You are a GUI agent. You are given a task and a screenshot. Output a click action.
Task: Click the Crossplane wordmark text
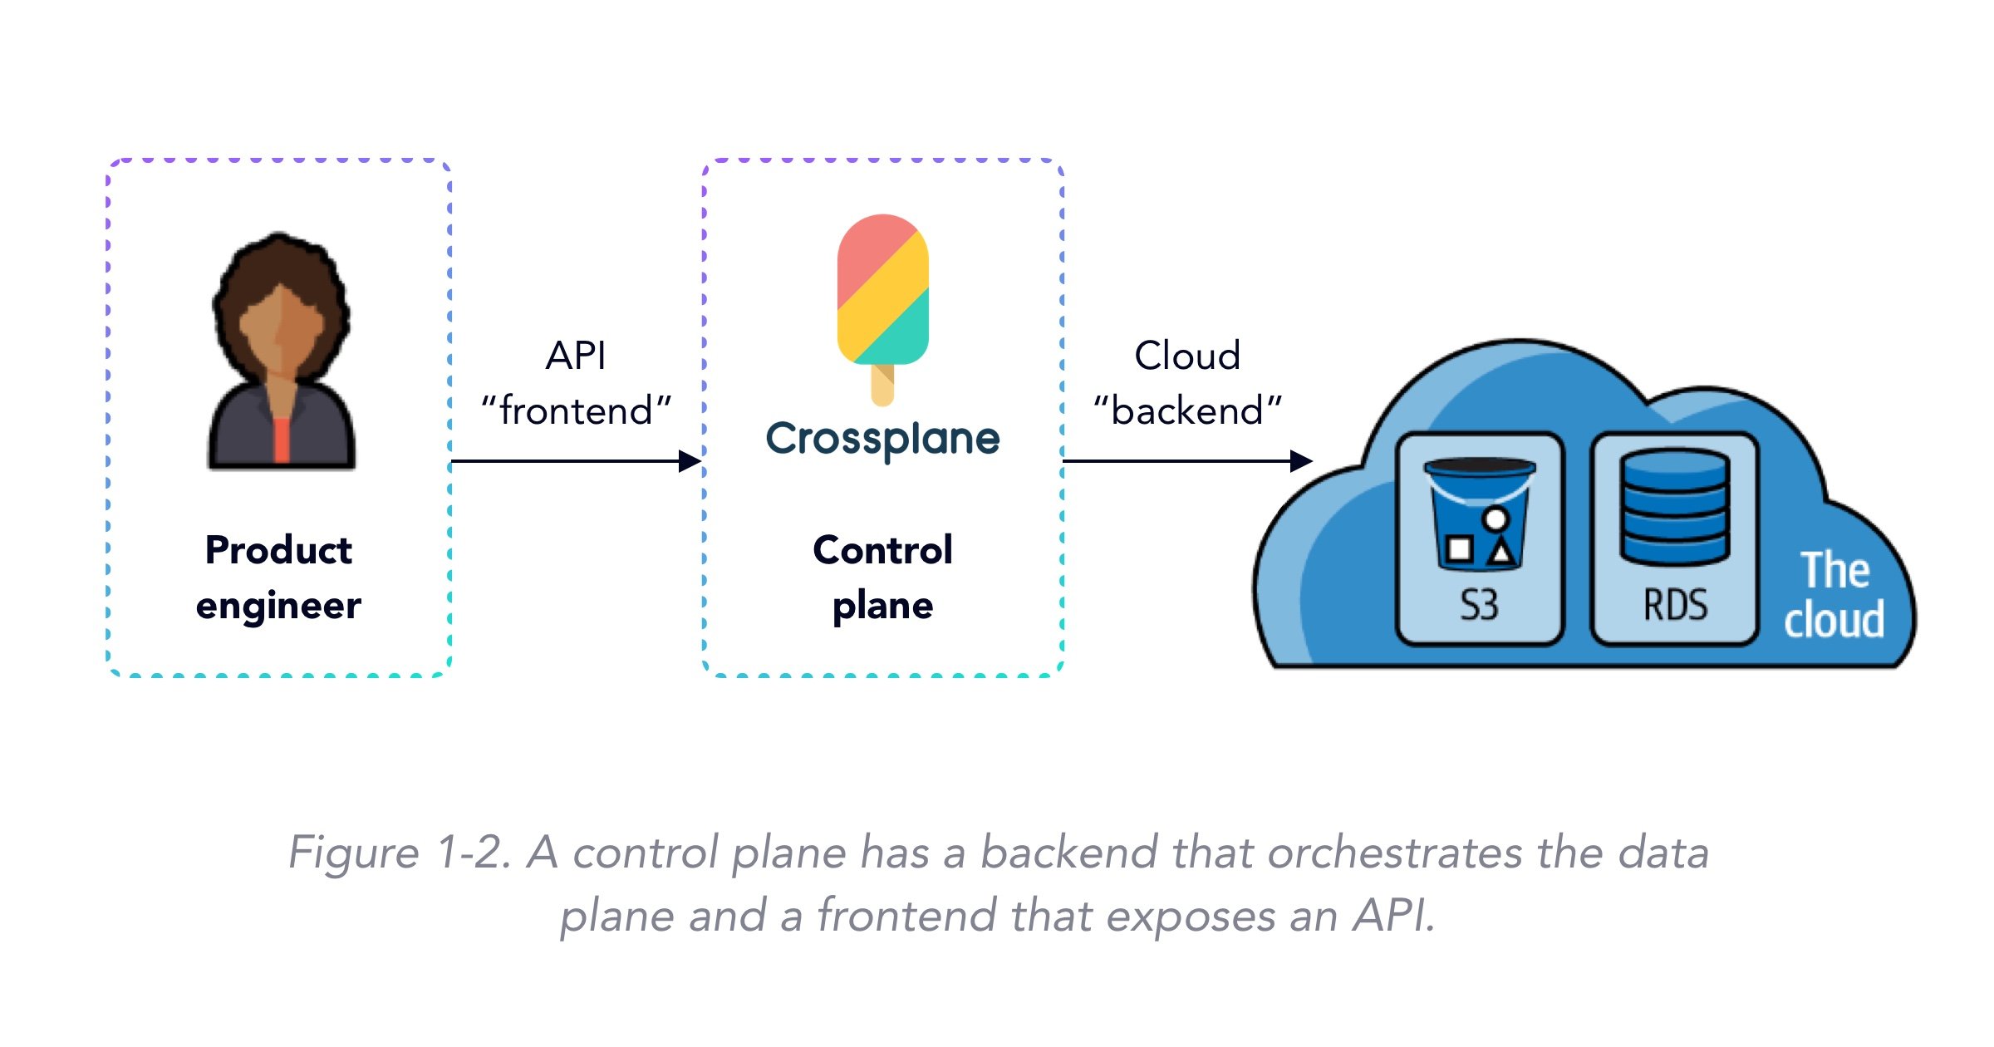(x=882, y=439)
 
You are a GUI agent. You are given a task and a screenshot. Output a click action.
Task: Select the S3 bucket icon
(x=1479, y=514)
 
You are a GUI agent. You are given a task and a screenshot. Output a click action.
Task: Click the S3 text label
(x=1480, y=605)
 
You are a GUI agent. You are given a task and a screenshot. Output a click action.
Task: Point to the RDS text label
(x=1676, y=605)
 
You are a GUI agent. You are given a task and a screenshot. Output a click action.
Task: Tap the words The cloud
(x=1834, y=595)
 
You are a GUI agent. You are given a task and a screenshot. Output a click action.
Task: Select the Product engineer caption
(x=278, y=578)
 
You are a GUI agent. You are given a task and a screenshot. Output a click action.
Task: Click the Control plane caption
(x=882, y=578)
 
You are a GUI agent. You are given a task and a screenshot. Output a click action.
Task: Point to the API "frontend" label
(x=576, y=383)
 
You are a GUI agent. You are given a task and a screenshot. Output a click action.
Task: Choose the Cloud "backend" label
(x=1187, y=383)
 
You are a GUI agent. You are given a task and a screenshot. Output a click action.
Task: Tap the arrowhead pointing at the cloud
(x=1302, y=461)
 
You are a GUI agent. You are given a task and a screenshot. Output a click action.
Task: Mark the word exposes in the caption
(x=1191, y=917)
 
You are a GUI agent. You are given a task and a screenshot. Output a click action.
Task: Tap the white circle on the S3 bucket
(x=1495, y=519)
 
